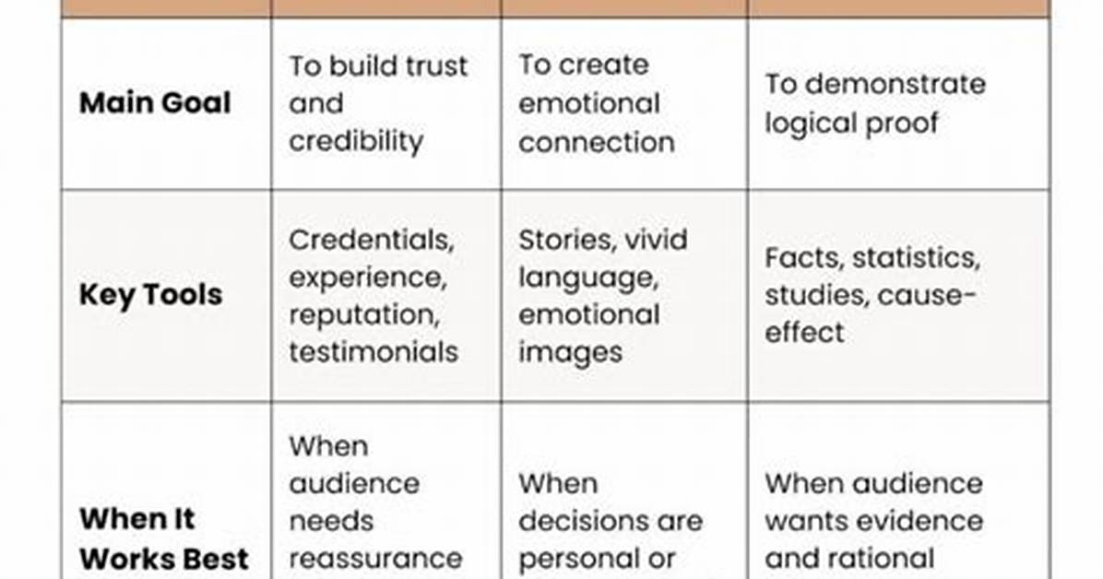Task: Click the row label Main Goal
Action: coord(155,103)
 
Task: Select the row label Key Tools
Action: coord(150,295)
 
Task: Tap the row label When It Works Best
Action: coord(164,539)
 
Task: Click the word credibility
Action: coord(356,141)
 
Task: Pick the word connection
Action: coord(597,142)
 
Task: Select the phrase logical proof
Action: coord(851,124)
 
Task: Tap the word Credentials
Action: coord(372,241)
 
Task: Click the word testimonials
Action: coord(374,352)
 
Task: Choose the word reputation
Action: coord(364,315)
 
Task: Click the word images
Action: coord(571,353)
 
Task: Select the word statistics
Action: coord(916,258)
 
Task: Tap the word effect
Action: coord(804,332)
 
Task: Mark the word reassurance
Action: coord(375,559)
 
